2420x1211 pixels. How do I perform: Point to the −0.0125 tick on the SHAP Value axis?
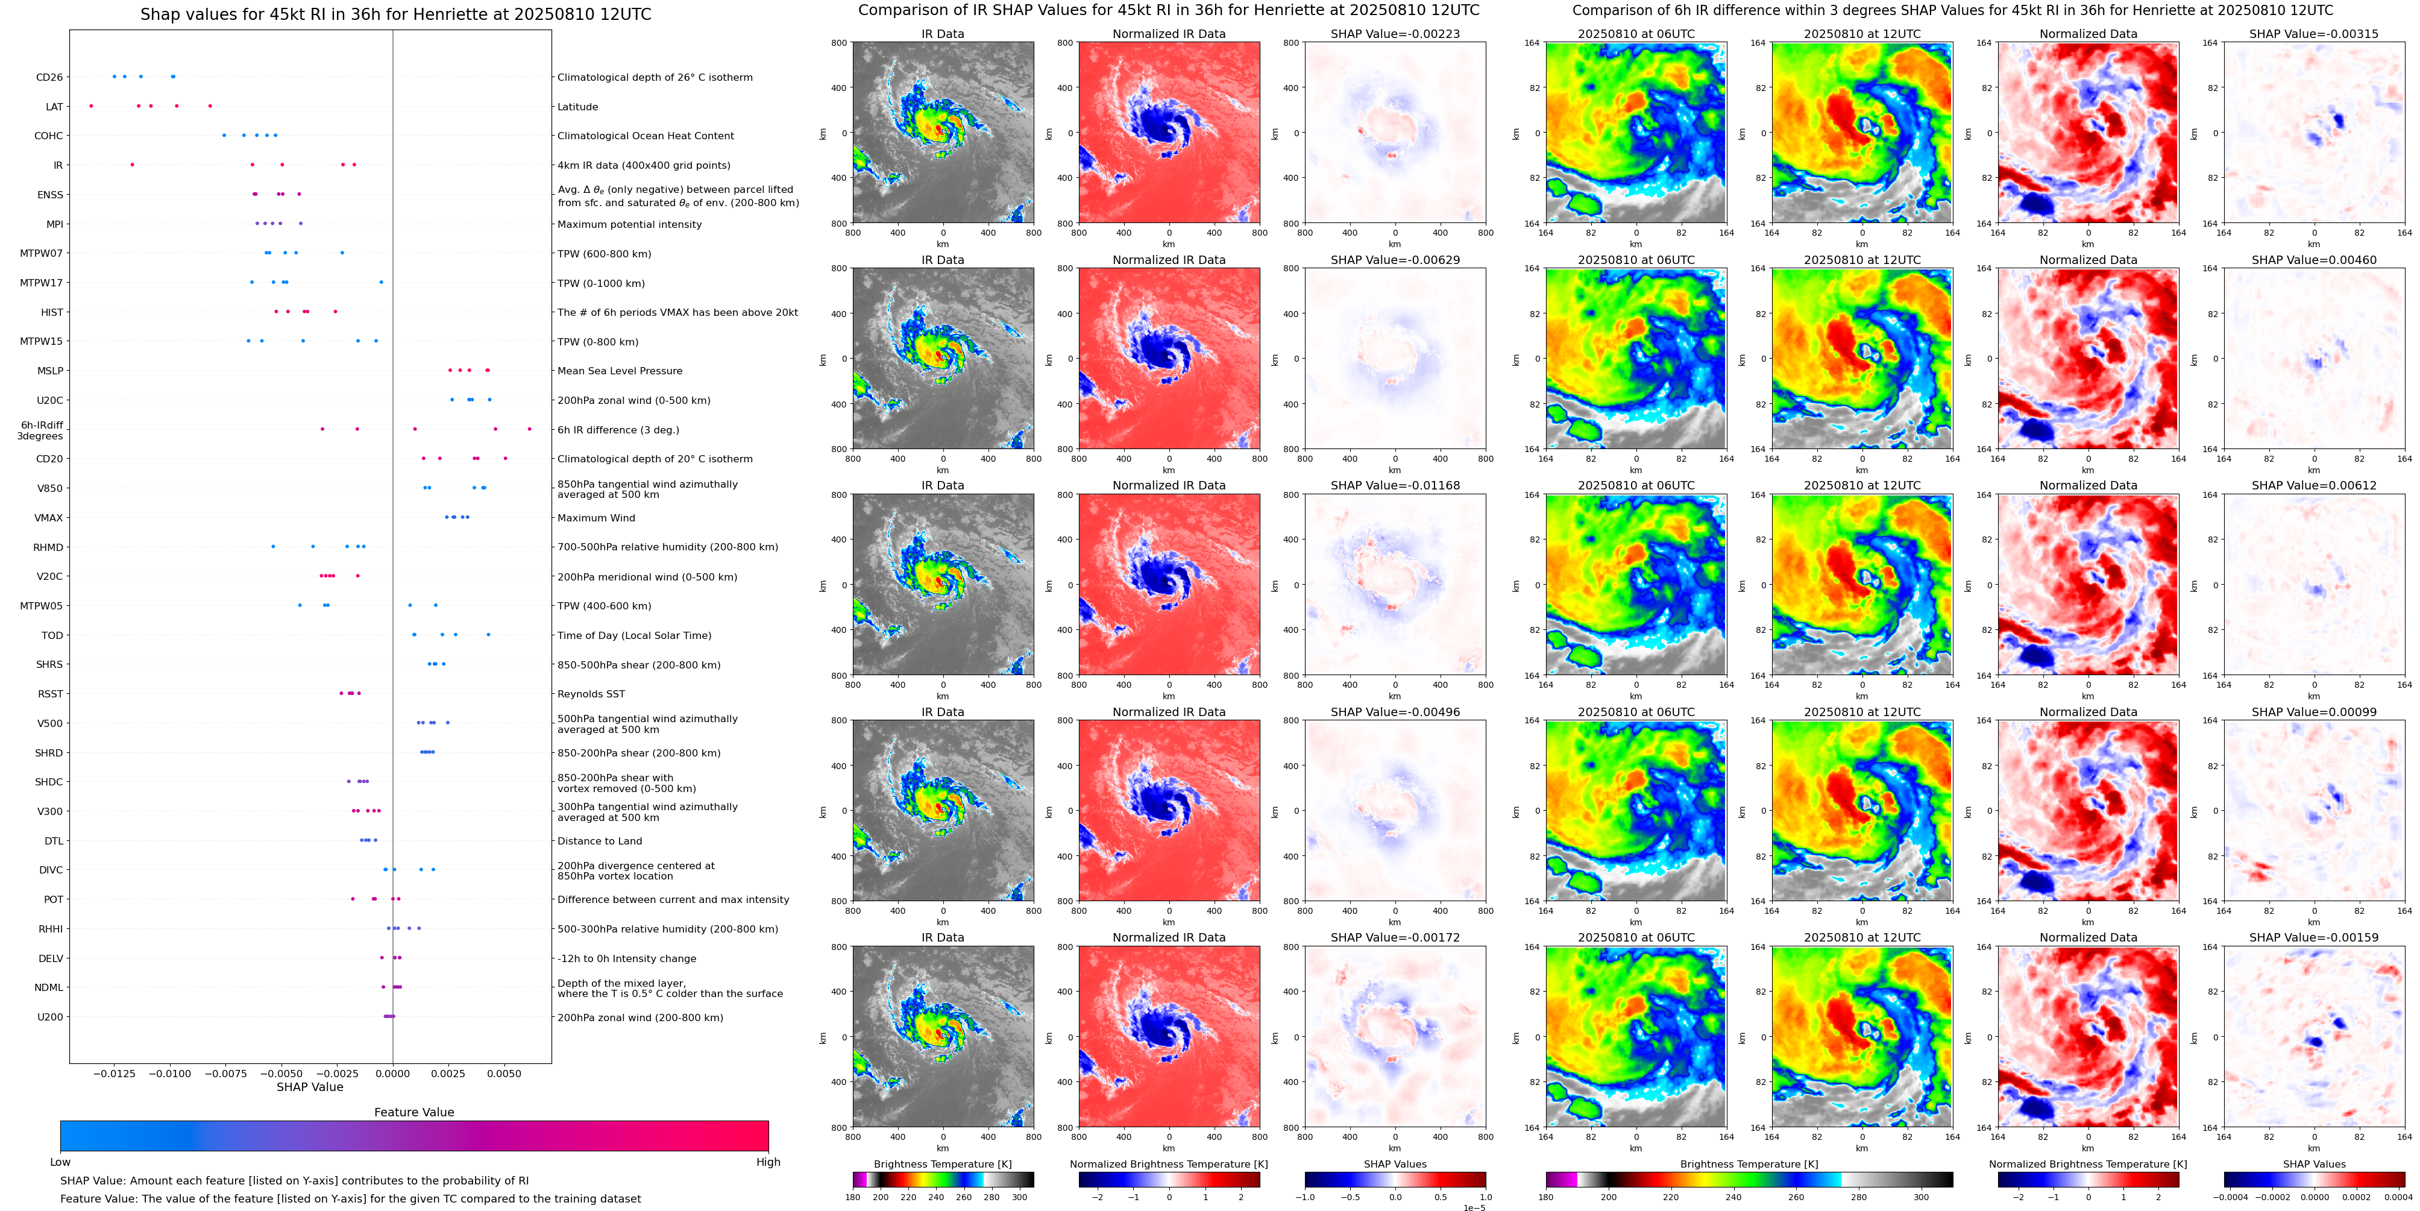(115, 1074)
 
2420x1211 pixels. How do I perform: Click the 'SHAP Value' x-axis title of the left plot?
(310, 1087)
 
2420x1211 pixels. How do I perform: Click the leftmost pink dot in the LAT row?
(91, 106)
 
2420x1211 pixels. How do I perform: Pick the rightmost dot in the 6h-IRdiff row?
(529, 429)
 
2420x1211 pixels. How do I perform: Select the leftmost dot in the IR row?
(133, 165)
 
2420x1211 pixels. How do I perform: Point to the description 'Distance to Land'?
(599, 841)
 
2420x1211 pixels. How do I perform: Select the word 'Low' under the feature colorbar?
(60, 1162)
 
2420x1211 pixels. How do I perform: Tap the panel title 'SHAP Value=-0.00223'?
(1395, 34)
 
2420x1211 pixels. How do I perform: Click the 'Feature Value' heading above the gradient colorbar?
(413, 1112)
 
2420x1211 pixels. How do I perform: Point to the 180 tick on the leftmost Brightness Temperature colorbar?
(853, 1198)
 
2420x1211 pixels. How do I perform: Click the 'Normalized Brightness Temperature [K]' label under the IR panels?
(1169, 1164)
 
